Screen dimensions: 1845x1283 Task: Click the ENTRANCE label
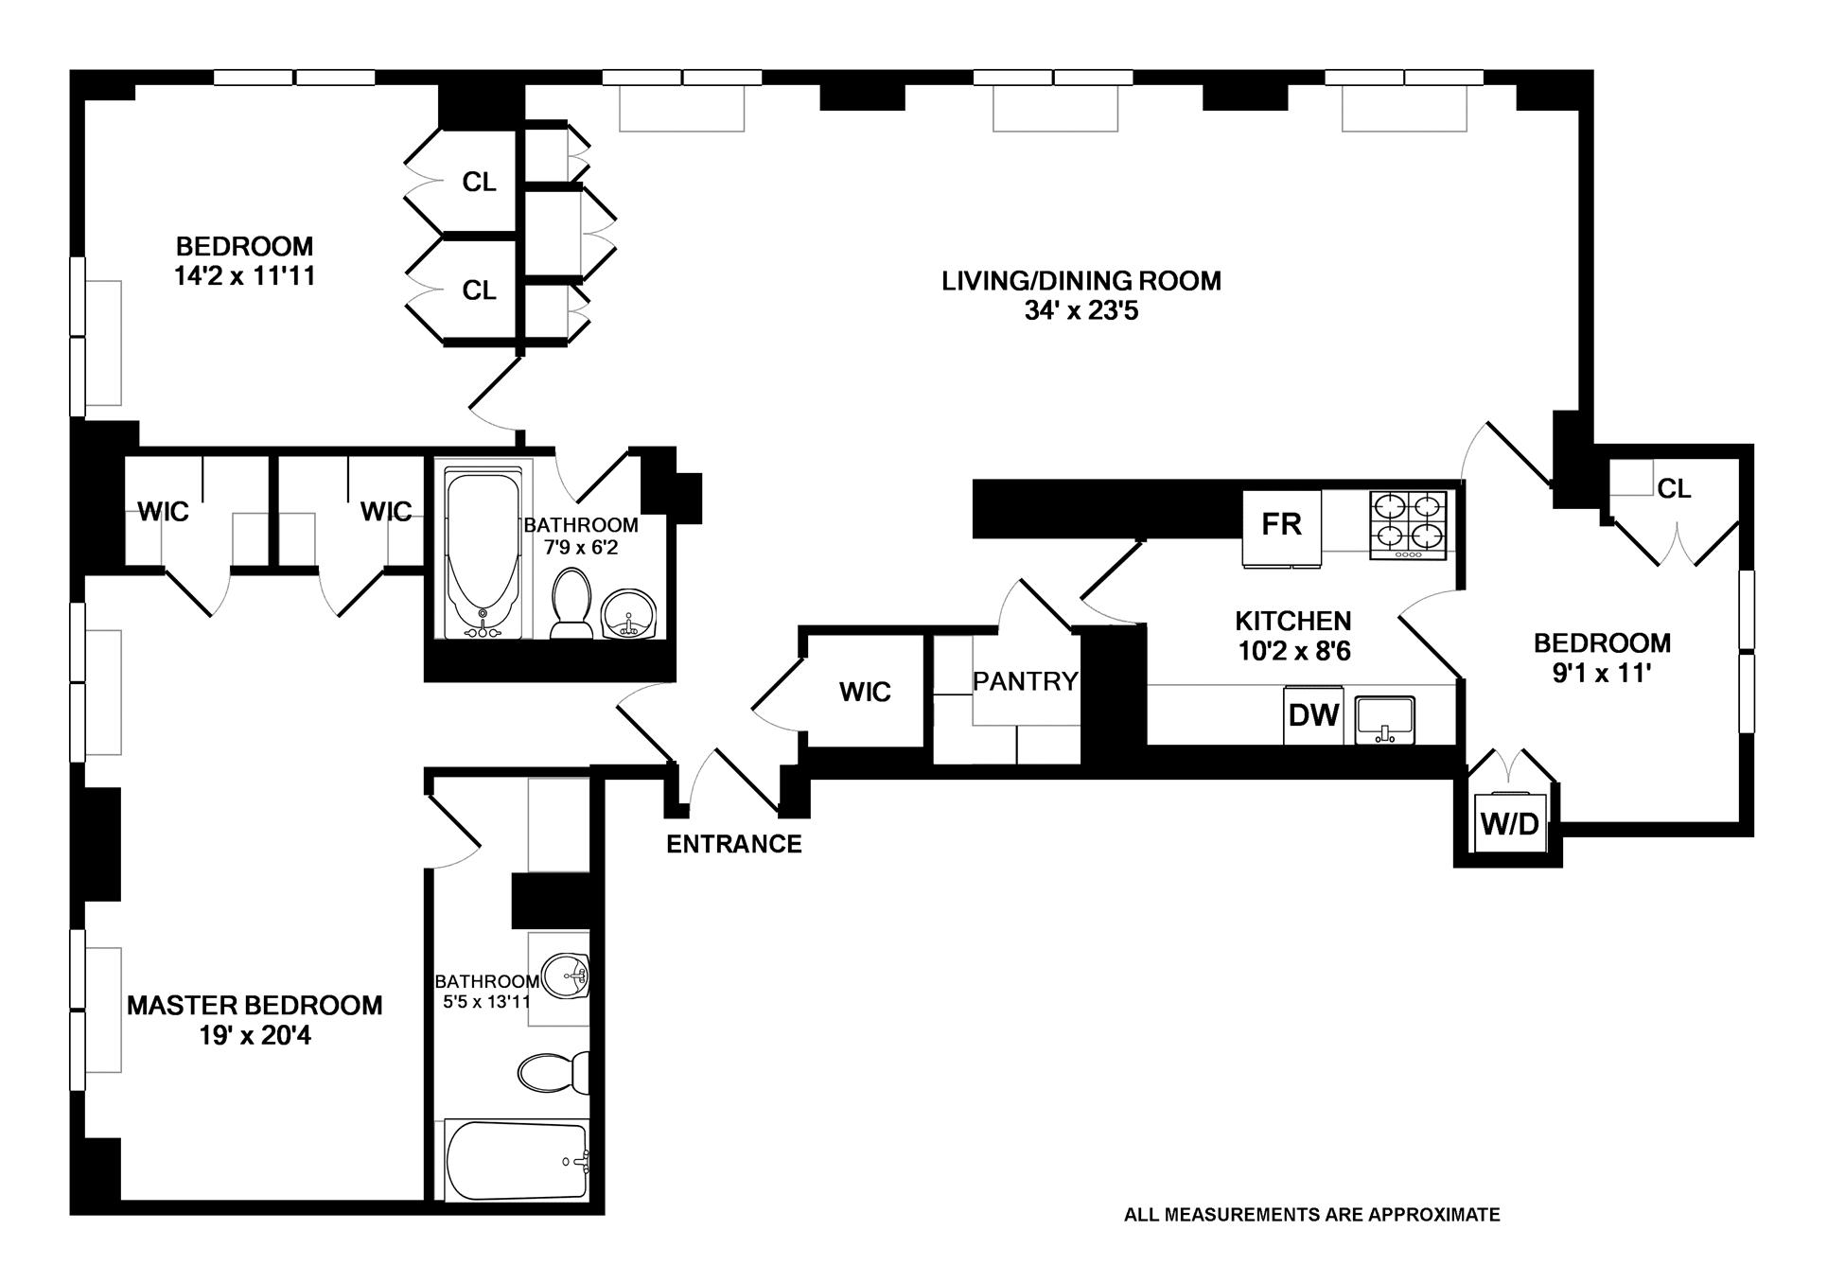pyautogui.click(x=733, y=844)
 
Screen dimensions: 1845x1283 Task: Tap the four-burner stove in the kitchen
pyautogui.click(x=1408, y=525)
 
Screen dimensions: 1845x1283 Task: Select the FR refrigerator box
pyautogui.click(x=1282, y=527)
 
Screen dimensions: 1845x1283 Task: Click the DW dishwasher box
pyautogui.click(x=1313, y=716)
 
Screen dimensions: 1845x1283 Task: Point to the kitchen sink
pyautogui.click(x=1385, y=720)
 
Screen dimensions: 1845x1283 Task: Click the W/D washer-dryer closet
pyautogui.click(x=1509, y=824)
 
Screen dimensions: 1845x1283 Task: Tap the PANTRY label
pyautogui.click(x=1025, y=681)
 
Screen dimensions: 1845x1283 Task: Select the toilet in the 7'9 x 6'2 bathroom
pyautogui.click(x=570, y=603)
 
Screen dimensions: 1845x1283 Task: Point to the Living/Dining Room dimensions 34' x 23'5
pyautogui.click(x=1081, y=311)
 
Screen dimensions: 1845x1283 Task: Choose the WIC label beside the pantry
pyautogui.click(x=865, y=692)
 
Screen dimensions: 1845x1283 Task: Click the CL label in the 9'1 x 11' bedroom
pyautogui.click(x=1674, y=489)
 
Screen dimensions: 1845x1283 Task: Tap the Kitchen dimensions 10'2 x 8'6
pyautogui.click(x=1293, y=652)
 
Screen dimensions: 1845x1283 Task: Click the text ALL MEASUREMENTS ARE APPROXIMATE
pyautogui.click(x=1311, y=1215)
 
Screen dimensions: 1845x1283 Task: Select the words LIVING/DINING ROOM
pyautogui.click(x=1081, y=281)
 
